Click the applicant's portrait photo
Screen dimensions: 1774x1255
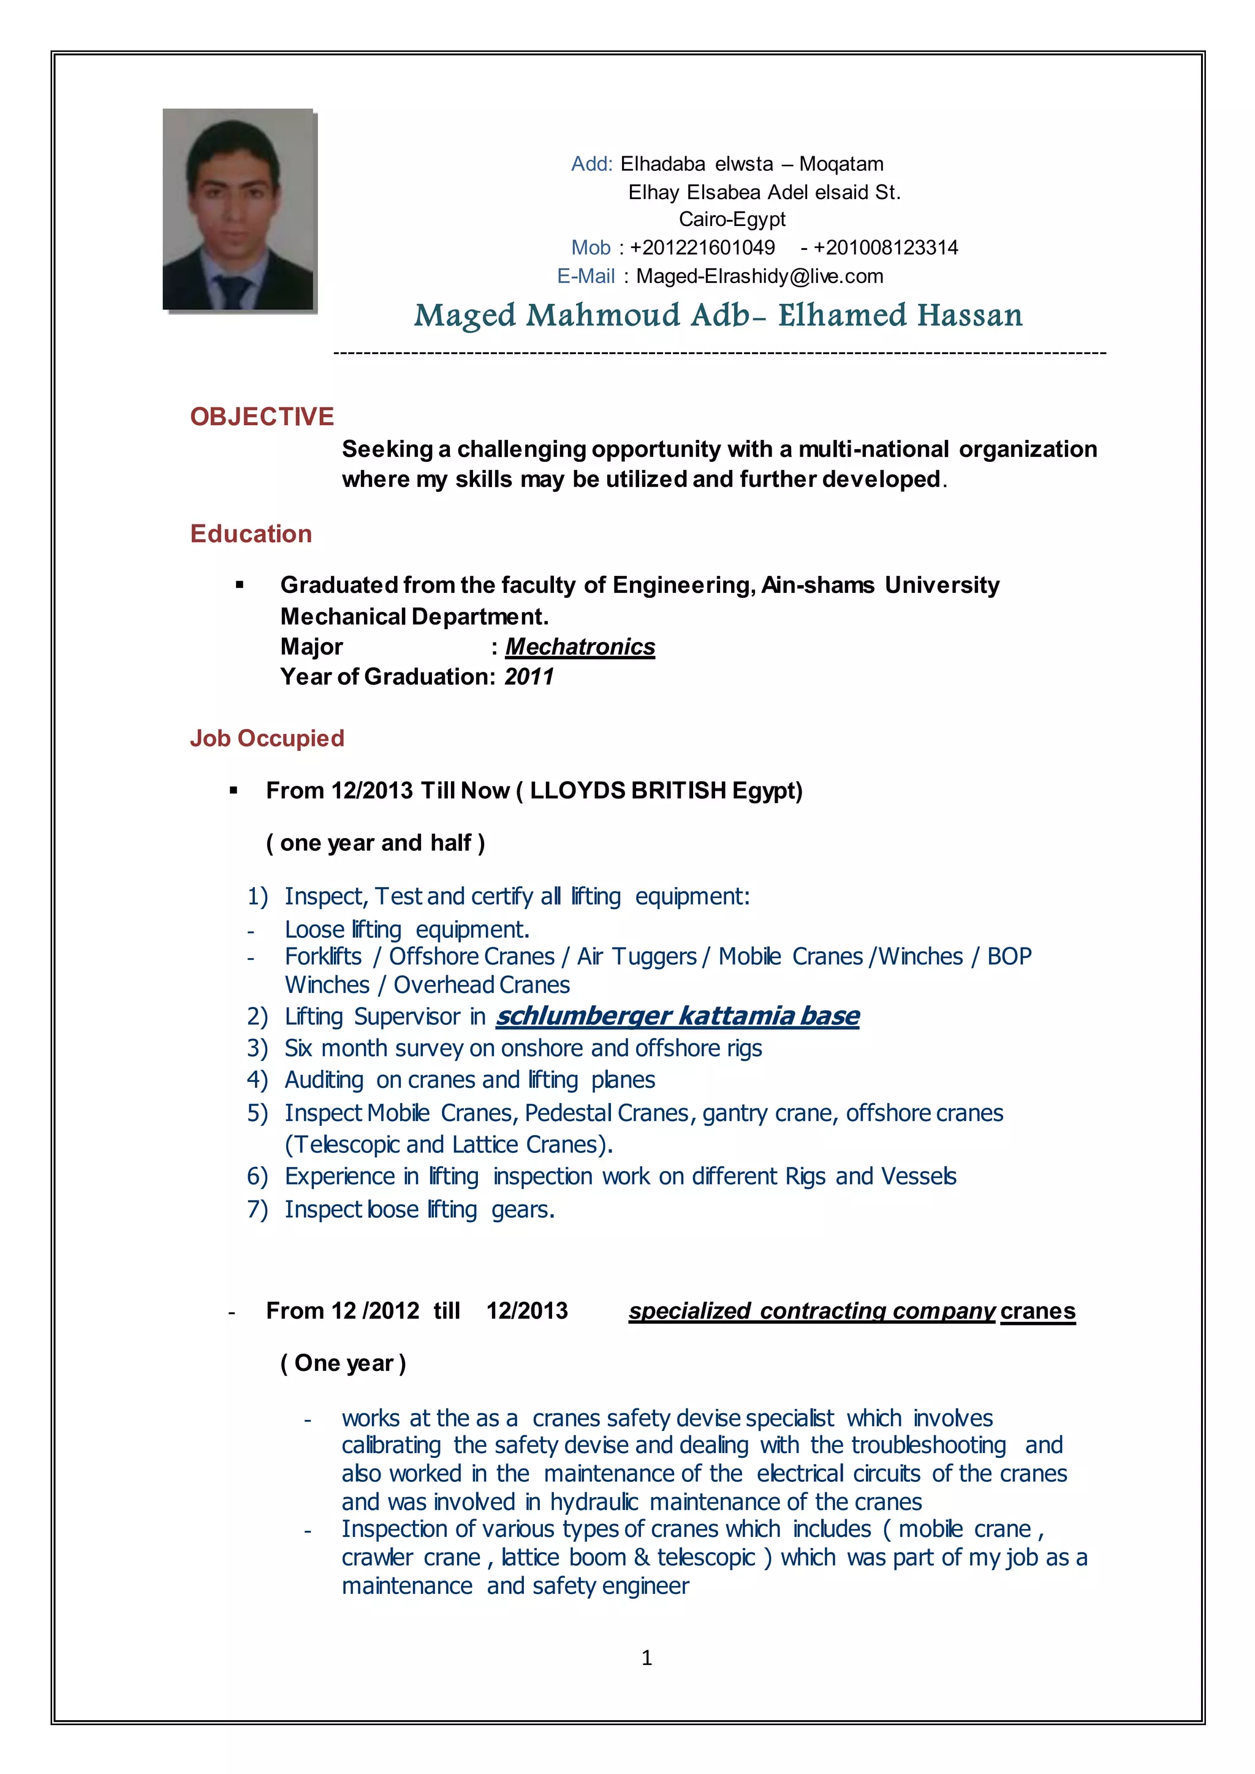[x=238, y=209]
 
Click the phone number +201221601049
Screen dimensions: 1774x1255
[x=702, y=247]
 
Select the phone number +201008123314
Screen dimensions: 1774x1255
[x=885, y=247]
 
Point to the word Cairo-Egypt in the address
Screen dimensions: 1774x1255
[x=732, y=219]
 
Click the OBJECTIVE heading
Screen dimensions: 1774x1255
[x=262, y=417]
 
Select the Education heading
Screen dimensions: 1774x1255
[x=251, y=534]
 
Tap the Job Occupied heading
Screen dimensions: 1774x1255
[x=267, y=738]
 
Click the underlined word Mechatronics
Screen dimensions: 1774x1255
[x=580, y=647]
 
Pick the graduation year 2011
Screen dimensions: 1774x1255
[x=529, y=677]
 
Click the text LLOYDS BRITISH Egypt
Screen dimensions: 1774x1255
[x=666, y=790]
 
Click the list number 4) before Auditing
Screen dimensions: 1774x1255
[x=257, y=1080]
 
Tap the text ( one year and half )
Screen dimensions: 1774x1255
[x=376, y=843]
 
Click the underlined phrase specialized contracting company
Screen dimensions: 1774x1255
[x=811, y=1311]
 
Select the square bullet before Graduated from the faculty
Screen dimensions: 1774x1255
[x=240, y=586]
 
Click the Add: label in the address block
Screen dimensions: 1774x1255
[x=591, y=164]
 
